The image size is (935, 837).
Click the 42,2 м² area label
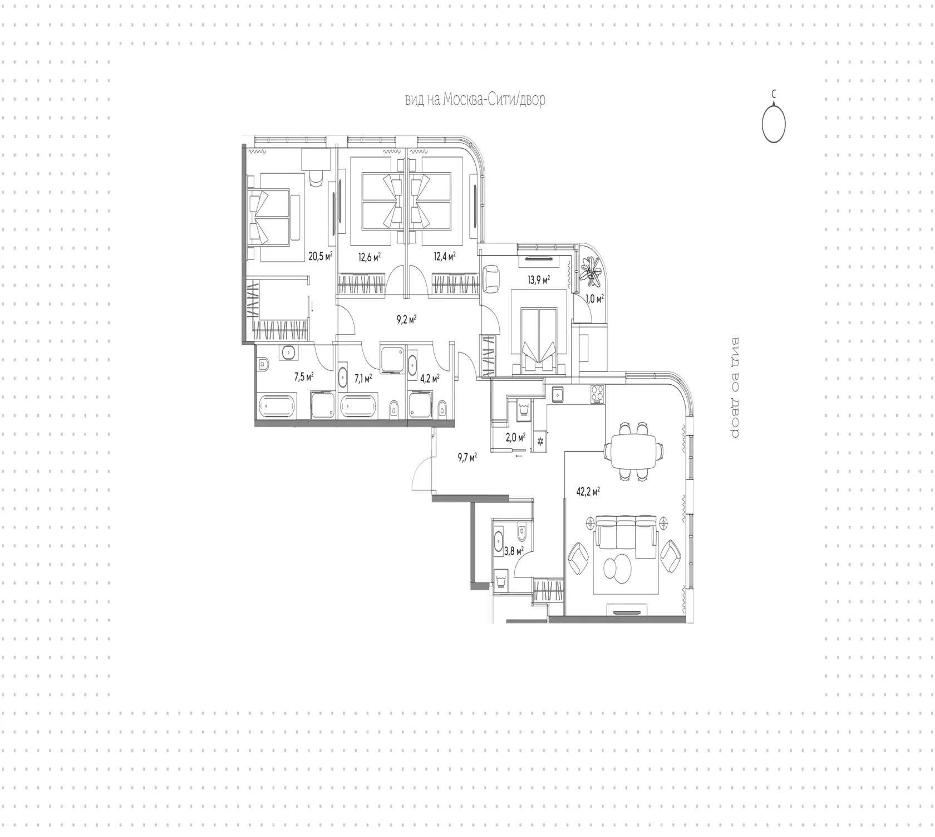588,492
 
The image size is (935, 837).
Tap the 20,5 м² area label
321,256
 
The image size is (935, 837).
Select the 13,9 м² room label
539,279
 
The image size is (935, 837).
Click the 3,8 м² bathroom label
514,551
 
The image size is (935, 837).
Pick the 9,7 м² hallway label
467,458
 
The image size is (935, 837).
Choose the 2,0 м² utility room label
515,438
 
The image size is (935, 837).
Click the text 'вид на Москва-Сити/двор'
475,100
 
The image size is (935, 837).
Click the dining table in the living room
634,451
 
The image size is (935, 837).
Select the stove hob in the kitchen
598,394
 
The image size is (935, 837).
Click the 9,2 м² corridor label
407,320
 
